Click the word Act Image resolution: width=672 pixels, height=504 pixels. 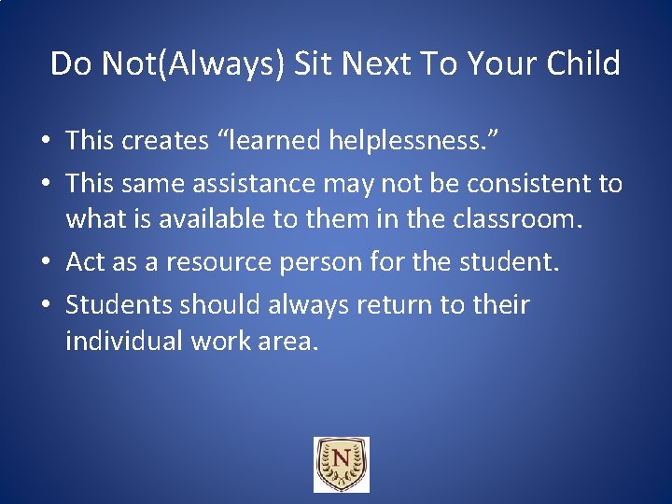(86, 262)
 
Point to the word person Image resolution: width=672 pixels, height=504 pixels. (323, 263)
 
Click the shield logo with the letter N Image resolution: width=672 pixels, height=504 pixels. (341, 464)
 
